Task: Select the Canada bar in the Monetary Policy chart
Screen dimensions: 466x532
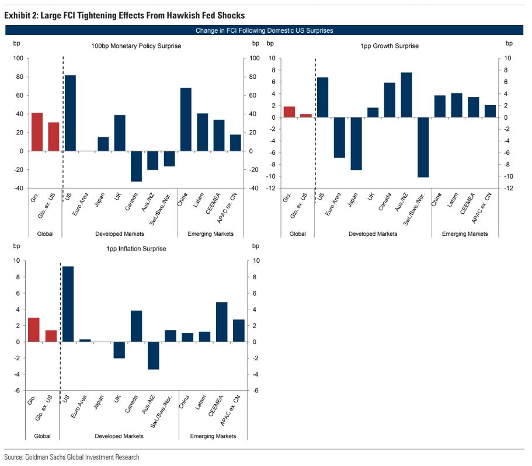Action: [x=136, y=166]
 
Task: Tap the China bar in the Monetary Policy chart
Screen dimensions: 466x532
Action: [x=186, y=120]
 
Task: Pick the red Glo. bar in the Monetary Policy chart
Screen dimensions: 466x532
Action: [x=37, y=132]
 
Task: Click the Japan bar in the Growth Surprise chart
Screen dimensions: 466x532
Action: [x=356, y=144]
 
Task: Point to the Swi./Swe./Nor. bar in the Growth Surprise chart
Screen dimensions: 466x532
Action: [x=423, y=147]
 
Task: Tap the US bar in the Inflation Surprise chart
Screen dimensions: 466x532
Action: [x=68, y=304]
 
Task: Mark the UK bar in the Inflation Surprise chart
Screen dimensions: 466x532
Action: [x=119, y=350]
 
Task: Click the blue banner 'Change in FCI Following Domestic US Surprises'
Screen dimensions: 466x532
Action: [x=266, y=30]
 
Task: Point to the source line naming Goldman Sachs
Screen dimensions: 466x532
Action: [x=72, y=457]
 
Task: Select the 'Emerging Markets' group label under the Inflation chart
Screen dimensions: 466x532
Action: [x=213, y=436]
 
